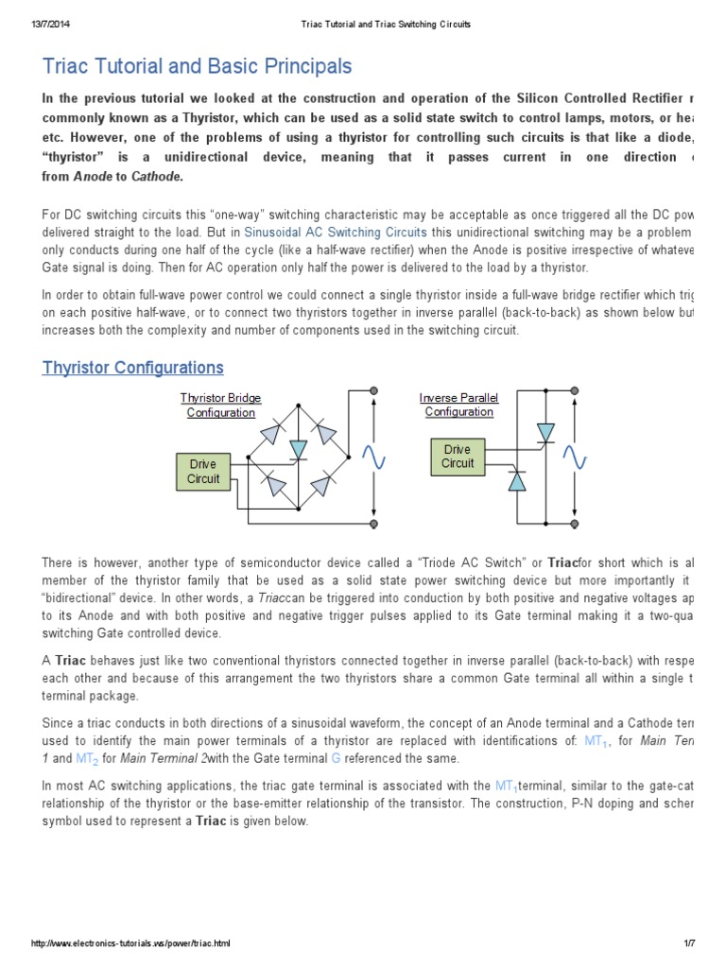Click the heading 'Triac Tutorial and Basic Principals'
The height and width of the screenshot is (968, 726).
tap(197, 66)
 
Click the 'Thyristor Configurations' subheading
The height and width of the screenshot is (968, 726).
tap(133, 368)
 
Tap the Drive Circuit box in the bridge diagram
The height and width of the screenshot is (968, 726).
tap(202, 471)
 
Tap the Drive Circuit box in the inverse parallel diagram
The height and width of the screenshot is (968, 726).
tap(458, 456)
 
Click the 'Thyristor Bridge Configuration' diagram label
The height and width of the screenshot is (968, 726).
tap(220, 405)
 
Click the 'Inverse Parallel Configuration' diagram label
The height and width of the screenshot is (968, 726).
tap(458, 405)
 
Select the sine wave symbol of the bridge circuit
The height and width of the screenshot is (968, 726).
tap(373, 458)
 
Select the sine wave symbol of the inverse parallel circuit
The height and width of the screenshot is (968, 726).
tap(575, 458)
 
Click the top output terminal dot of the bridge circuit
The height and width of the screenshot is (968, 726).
tap(374, 391)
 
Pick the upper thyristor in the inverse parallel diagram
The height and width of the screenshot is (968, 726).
tap(545, 432)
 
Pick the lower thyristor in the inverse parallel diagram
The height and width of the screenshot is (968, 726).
tap(516, 481)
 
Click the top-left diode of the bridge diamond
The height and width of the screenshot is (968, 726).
tap(272, 434)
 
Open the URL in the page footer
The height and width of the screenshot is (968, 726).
tap(130, 943)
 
